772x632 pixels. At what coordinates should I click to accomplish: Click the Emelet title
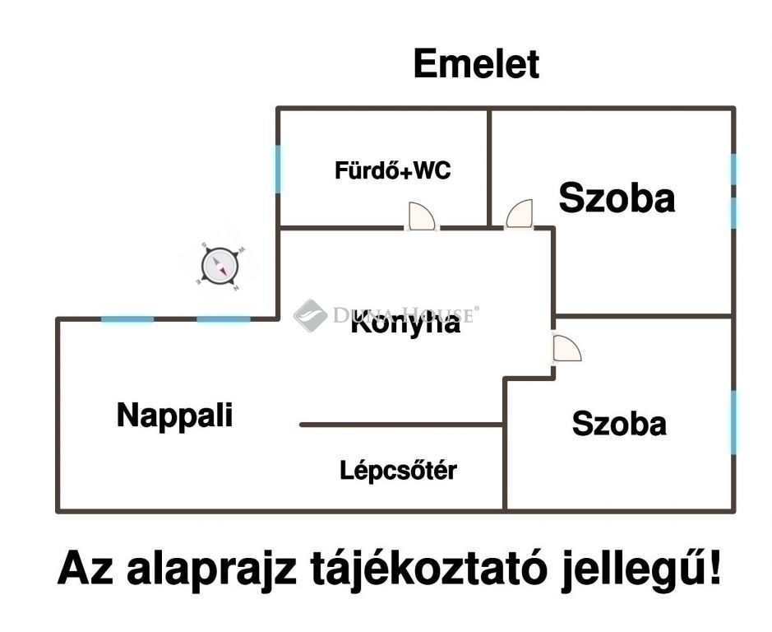(x=476, y=64)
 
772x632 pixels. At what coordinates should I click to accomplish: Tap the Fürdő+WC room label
(x=392, y=171)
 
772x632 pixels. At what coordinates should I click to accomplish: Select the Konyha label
(x=404, y=324)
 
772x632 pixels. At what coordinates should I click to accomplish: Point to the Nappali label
(x=174, y=414)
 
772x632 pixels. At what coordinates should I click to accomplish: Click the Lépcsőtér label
(x=398, y=471)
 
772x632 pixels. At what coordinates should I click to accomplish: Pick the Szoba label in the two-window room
(x=617, y=198)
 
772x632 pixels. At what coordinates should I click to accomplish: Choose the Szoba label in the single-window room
(x=619, y=424)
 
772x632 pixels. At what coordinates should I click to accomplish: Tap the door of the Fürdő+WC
(x=422, y=217)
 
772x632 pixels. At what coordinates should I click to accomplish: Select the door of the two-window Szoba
(x=520, y=215)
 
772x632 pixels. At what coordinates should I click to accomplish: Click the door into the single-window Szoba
(x=566, y=348)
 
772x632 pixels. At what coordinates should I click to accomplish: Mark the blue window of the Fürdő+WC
(x=278, y=169)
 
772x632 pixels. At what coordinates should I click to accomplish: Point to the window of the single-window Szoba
(x=733, y=422)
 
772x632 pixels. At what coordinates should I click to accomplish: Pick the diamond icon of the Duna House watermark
(x=310, y=314)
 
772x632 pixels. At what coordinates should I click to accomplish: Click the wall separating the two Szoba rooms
(x=643, y=315)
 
